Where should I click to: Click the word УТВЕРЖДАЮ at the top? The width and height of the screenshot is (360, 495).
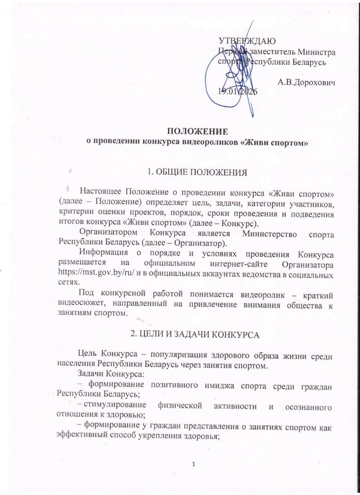coord(247,41)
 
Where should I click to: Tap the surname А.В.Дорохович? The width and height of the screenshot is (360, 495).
coord(306,82)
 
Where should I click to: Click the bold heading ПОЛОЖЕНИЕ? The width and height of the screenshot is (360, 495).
coord(197,131)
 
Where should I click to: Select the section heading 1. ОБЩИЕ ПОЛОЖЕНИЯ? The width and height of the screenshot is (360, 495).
coord(197,173)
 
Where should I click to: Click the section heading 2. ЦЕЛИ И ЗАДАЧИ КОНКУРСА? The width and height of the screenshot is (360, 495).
coord(195,335)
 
